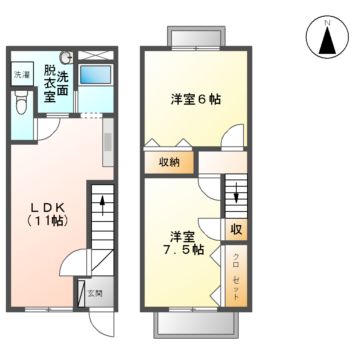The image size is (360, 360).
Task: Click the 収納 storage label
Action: point(169,163)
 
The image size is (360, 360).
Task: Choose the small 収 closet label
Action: point(236,229)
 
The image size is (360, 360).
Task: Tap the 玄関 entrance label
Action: point(93,293)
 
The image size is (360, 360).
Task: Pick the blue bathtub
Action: point(97,76)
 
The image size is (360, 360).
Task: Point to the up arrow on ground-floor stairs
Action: point(102,210)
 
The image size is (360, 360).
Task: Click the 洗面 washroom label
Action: point(63,83)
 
